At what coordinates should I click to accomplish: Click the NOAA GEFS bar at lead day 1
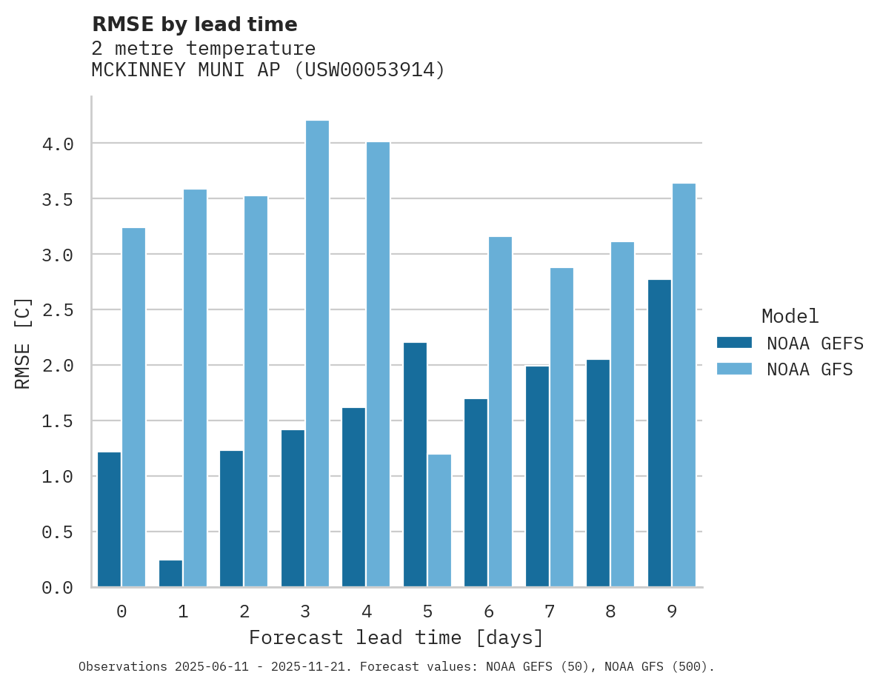170,573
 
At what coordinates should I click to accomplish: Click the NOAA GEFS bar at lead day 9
659,433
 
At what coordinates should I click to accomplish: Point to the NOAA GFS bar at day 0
133,407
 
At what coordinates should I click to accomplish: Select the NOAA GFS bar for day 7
561,427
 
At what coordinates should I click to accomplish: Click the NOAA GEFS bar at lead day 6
476,492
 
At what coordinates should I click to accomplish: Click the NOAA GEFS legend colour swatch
734,343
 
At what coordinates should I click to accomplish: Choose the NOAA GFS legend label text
810,369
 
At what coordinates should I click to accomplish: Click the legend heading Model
790,316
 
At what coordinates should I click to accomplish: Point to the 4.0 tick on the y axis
58,144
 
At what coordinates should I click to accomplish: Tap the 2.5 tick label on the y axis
58,310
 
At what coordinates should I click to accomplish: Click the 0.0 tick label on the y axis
58,588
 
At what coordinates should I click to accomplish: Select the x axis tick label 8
610,611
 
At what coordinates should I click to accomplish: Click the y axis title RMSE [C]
23,343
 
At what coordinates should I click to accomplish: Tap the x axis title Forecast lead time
396,637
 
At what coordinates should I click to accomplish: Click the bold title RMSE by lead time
194,24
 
